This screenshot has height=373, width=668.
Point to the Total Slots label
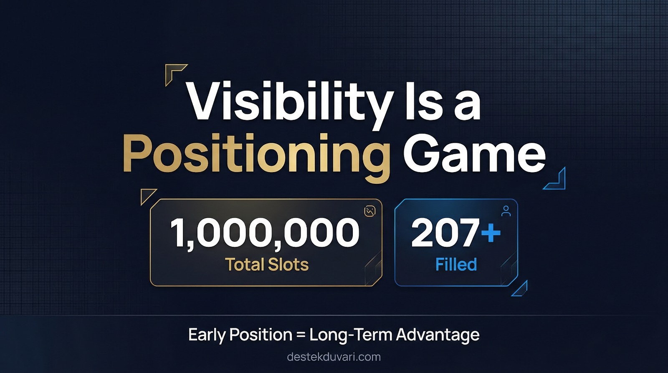(x=267, y=264)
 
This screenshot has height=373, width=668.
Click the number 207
(x=445, y=233)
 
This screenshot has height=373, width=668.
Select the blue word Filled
(x=456, y=264)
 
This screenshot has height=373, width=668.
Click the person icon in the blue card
(x=506, y=211)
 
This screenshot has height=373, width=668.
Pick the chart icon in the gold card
(x=370, y=211)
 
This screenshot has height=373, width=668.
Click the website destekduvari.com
(x=334, y=357)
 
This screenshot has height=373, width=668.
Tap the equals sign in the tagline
(x=301, y=335)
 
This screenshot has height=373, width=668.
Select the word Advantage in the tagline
(x=438, y=335)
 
